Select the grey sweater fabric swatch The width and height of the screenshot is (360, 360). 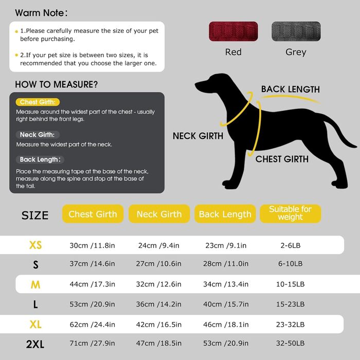295,32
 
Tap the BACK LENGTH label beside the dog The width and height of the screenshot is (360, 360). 290,89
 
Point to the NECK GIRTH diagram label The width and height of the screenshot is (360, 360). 198,136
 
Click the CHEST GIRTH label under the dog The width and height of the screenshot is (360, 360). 282,159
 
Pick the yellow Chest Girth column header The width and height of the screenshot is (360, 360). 93,214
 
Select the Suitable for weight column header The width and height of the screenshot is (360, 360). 290,213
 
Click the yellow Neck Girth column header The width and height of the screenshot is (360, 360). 159,214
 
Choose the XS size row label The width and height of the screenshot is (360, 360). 35,245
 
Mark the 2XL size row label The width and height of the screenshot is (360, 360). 35,344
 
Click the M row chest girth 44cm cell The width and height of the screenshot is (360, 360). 92,284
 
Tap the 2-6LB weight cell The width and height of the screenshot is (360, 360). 290,245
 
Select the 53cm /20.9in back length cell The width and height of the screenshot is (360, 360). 225,344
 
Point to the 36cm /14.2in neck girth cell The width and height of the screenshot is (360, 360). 159,304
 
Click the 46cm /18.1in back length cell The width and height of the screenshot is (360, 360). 225,324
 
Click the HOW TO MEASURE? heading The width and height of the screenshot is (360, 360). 57,84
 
